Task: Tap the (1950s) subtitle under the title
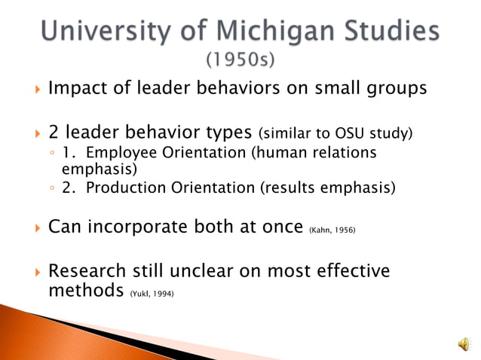point(240,58)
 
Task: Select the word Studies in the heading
point(383,32)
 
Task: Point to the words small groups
point(375,89)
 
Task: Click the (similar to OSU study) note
point(335,135)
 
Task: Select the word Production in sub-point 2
point(122,188)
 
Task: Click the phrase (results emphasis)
point(327,188)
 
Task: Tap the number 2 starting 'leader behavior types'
point(54,133)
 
